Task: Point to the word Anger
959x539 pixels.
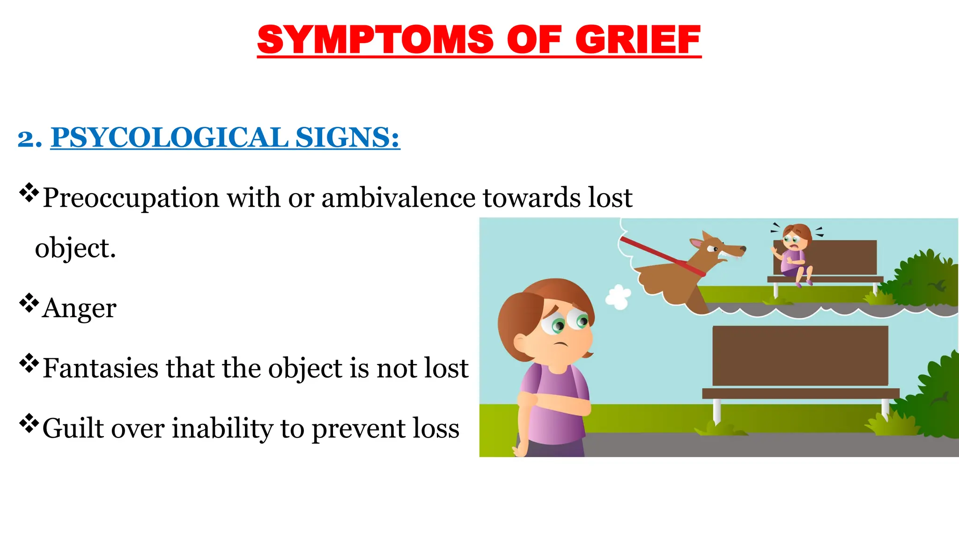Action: pos(79,308)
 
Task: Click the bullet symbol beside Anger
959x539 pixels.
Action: pos(29,303)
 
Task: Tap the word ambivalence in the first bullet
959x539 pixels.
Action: pos(398,197)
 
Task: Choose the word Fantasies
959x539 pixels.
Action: pos(100,368)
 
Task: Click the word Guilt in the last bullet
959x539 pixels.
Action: pos(71,428)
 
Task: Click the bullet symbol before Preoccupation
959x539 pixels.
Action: pos(29,192)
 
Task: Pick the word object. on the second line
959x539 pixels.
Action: pos(75,248)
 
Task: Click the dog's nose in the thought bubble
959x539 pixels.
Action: pos(743,249)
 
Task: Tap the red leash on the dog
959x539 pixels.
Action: pos(660,256)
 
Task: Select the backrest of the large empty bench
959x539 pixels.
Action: pos(800,356)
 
